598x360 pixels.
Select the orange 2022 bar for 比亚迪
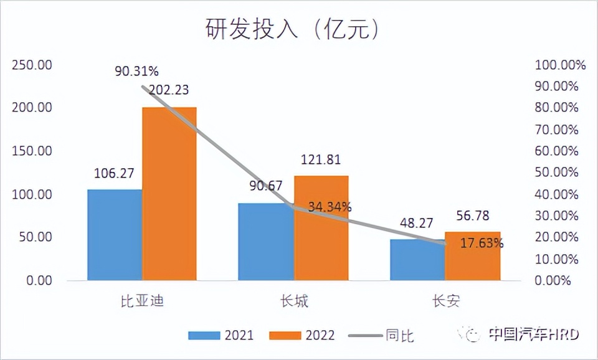click(169, 194)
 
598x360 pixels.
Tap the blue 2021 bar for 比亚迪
click(115, 235)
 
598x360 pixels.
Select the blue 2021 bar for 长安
click(418, 260)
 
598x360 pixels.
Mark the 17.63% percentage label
click(482, 243)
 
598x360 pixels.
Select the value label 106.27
click(115, 174)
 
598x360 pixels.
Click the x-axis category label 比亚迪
click(142, 302)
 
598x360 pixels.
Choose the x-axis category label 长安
click(446, 302)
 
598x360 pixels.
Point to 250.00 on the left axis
click(32, 65)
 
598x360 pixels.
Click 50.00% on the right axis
click(556, 173)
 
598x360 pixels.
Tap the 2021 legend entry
click(221, 335)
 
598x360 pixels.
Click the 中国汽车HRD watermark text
click(533, 334)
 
